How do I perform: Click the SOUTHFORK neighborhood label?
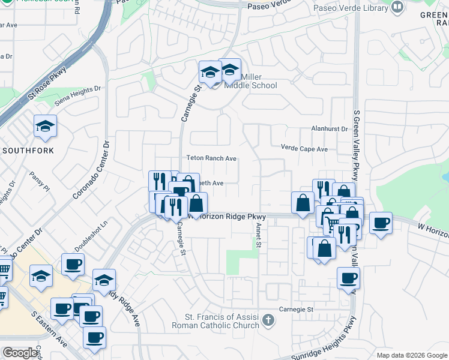click(28, 150)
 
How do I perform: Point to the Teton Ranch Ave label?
click(211, 158)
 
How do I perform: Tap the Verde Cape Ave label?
click(304, 148)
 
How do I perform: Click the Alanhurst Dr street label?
click(330, 128)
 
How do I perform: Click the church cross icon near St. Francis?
click(268, 322)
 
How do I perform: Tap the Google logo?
click(20, 353)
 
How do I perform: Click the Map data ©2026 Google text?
click(412, 355)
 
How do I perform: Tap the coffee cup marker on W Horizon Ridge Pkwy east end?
click(381, 224)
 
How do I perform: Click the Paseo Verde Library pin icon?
click(397, 8)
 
